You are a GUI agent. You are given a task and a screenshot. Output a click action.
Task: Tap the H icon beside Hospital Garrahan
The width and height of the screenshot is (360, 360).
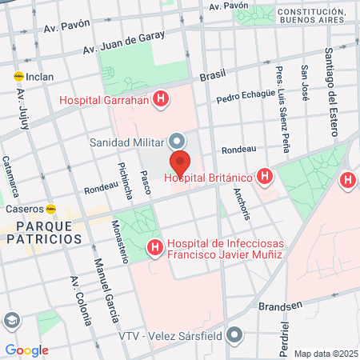162,100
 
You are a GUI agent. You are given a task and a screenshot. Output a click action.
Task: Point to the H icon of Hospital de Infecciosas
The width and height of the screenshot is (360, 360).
155,249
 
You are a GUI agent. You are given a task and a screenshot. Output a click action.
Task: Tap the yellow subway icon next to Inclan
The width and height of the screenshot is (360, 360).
18,77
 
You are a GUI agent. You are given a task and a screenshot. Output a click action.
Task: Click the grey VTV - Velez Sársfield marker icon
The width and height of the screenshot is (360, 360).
234,334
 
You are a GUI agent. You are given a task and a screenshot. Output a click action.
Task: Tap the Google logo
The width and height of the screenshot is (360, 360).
26,350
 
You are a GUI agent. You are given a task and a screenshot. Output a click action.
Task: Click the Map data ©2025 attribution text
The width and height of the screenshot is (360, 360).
326,354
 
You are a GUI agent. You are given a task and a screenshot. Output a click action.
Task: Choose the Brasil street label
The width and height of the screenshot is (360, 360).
213,75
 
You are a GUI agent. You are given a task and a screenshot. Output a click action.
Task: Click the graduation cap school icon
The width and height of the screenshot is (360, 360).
11,321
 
